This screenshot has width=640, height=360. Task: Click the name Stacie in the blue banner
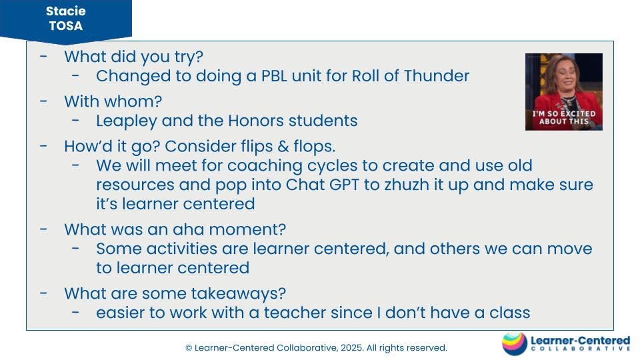tap(66, 11)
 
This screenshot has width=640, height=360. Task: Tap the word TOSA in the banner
tap(66, 26)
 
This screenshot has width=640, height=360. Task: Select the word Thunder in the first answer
tap(437, 76)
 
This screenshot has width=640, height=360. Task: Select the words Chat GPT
tap(323, 185)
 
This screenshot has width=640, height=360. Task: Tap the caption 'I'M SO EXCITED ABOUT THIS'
tap(564, 117)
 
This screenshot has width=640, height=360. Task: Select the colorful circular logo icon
tap(515, 344)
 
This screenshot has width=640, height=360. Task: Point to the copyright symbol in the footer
tap(189, 348)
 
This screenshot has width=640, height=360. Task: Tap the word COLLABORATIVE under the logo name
tap(581, 349)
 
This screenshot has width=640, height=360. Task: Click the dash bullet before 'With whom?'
tap(44, 101)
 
